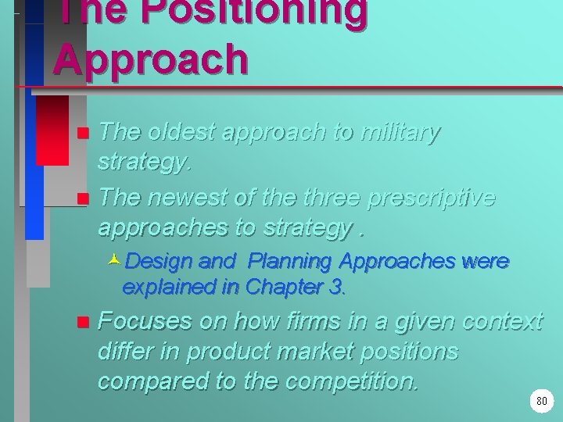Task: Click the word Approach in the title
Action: [151, 59]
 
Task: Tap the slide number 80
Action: [542, 402]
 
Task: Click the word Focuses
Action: [148, 320]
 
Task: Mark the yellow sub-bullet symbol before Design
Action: [114, 260]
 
